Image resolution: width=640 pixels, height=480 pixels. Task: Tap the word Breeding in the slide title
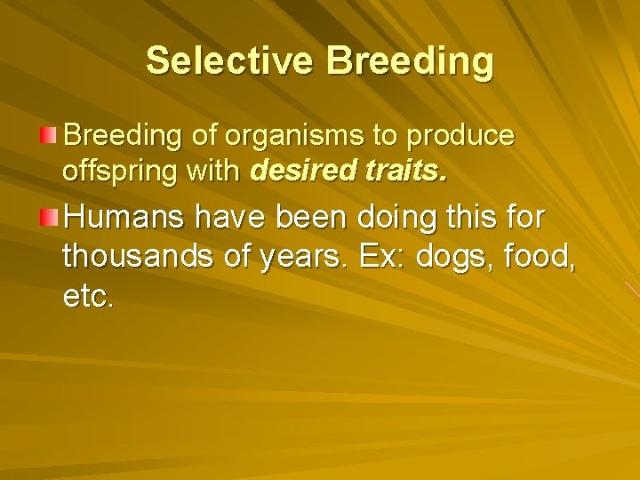[x=410, y=61]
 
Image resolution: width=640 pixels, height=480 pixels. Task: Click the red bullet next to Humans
[x=49, y=215]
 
